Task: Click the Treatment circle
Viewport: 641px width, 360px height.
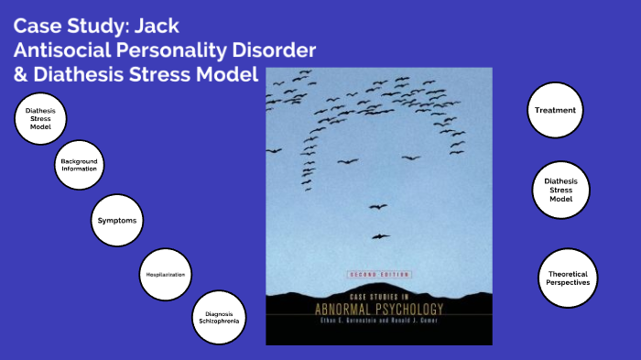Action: tap(555, 111)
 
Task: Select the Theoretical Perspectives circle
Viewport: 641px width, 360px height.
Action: tap(568, 276)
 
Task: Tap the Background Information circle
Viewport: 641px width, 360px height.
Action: tap(79, 166)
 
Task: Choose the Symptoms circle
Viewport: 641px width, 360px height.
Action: tap(120, 222)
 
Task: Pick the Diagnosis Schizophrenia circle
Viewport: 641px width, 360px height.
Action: tap(219, 318)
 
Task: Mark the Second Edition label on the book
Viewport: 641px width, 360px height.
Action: tap(378, 274)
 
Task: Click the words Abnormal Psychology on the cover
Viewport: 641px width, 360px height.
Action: tap(378, 309)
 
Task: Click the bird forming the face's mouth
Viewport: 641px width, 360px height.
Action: tap(380, 236)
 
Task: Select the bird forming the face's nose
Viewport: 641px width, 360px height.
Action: tap(376, 207)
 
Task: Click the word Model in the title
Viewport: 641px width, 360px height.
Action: tap(229, 74)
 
